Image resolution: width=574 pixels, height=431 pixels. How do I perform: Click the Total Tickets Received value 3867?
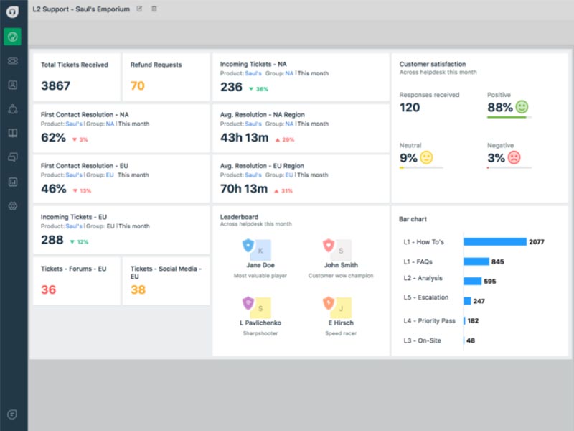55,86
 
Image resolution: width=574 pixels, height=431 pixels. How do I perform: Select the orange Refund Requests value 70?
137,86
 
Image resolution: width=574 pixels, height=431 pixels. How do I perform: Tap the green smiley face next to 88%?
522,107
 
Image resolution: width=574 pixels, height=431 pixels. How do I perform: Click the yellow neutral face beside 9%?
426,157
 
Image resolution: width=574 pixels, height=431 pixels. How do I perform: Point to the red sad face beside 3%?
514,157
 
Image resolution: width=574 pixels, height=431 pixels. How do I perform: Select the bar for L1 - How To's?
495,242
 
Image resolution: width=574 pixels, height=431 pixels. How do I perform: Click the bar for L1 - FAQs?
476,261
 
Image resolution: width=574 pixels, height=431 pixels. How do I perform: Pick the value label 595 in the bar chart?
490,282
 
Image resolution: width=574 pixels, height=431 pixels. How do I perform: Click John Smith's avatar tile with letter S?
343,250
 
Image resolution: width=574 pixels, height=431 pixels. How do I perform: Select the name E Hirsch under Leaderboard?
340,323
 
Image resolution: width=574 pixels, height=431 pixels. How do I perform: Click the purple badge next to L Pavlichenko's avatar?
248,302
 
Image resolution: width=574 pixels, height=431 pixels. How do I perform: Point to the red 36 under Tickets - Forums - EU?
48,289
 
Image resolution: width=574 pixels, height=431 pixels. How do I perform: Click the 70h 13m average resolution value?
244,189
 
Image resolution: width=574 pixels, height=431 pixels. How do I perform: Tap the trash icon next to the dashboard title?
154,9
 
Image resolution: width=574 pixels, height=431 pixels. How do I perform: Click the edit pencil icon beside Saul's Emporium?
139,9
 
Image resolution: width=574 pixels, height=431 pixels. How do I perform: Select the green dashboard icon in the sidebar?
12,37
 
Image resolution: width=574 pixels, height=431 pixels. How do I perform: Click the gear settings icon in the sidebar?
12,206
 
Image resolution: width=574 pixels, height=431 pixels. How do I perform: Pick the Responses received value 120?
410,108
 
